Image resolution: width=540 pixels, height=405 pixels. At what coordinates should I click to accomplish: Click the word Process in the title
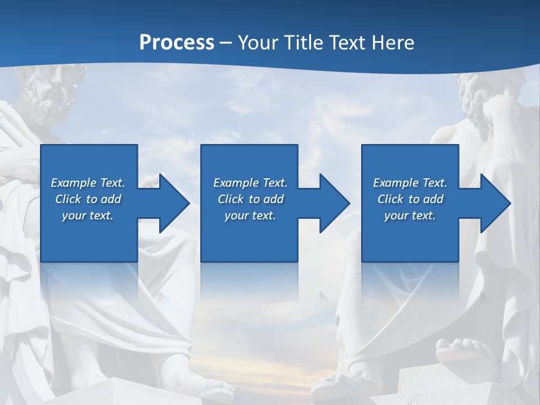pyautogui.click(x=177, y=43)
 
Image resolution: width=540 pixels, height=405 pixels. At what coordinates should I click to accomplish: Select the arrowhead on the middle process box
pyautogui.click(x=334, y=203)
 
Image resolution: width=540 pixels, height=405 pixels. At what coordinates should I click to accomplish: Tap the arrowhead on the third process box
pyautogui.click(x=494, y=203)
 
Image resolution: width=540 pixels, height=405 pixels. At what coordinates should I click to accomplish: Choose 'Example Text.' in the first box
pyautogui.click(x=88, y=183)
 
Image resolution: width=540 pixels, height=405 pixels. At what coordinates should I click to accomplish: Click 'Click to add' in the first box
pyautogui.click(x=88, y=199)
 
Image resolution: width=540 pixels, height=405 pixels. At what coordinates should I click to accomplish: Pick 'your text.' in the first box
pyautogui.click(x=88, y=215)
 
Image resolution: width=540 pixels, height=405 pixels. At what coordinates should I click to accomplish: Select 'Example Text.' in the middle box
pyautogui.click(x=250, y=183)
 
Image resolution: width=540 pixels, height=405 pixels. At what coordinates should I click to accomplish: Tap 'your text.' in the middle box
pyautogui.click(x=250, y=215)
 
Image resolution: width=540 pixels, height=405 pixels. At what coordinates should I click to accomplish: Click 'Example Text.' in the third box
pyautogui.click(x=410, y=183)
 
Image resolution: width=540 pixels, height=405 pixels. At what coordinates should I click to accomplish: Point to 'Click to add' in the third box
pyautogui.click(x=410, y=199)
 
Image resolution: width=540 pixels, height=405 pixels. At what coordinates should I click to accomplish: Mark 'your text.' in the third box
pyautogui.click(x=410, y=215)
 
